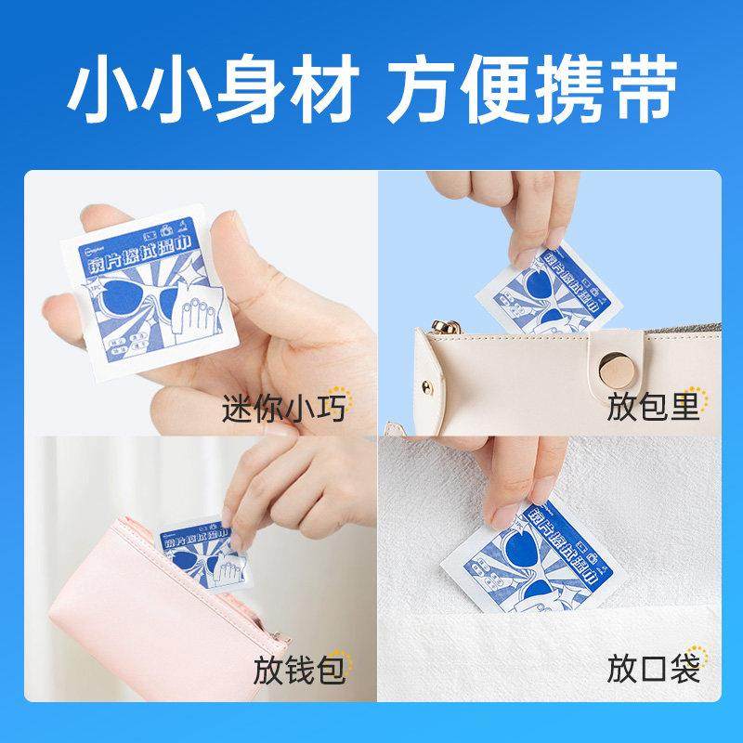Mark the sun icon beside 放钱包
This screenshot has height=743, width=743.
pyautogui.click(x=339, y=657)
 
